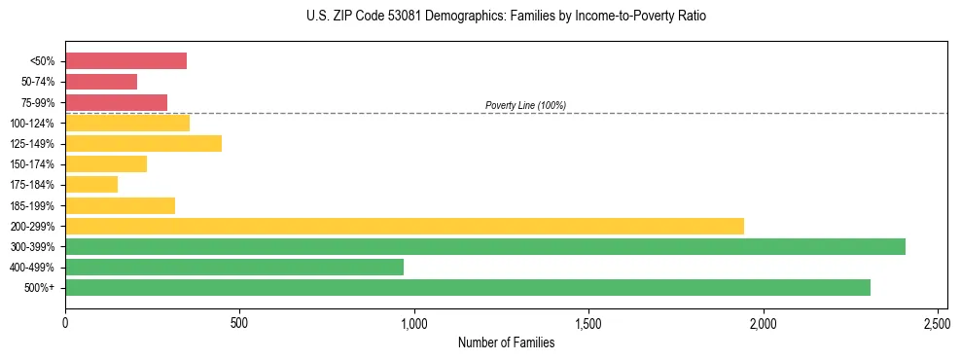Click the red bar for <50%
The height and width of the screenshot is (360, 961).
(125, 61)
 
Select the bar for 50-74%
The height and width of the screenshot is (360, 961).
(101, 82)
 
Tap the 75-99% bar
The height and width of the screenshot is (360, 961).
(116, 102)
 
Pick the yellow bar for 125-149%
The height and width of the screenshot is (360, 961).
(143, 143)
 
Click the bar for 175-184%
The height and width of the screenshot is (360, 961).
(91, 185)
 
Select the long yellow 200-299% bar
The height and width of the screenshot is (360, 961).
(404, 226)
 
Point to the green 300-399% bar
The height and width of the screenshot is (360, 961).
(484, 246)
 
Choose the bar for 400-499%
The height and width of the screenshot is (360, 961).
(233, 267)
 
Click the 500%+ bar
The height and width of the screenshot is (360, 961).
(467, 287)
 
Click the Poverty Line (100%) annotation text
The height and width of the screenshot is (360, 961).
(525, 105)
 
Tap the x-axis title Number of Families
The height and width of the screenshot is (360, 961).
(506, 342)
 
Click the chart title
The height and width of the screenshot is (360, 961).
(506, 17)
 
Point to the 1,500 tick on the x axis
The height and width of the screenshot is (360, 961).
(588, 321)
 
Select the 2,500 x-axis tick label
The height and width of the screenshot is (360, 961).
(938, 321)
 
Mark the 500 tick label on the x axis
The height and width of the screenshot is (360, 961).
(239, 321)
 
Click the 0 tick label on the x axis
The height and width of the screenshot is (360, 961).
(65, 321)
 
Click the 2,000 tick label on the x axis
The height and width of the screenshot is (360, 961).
(764, 321)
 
